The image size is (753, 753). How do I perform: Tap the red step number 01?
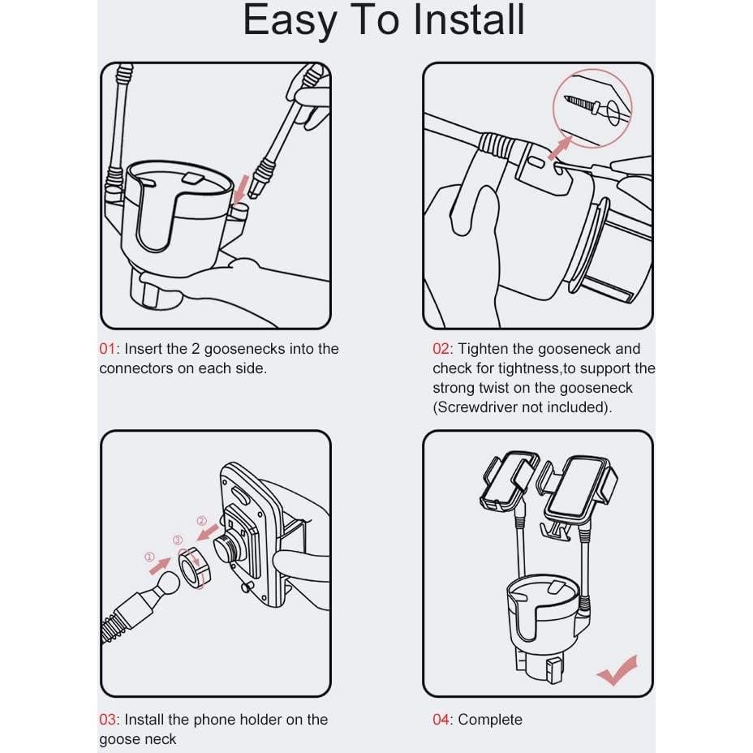click(x=107, y=349)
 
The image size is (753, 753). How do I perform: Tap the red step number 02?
click(x=441, y=349)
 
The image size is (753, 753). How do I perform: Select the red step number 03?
click(x=108, y=719)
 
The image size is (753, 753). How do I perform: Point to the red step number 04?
click(x=441, y=719)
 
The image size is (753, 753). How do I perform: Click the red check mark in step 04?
click(x=617, y=670)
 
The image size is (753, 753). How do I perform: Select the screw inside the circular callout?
click(x=589, y=105)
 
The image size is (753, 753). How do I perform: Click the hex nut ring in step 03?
click(x=194, y=565)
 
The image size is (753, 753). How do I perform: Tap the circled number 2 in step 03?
click(x=201, y=521)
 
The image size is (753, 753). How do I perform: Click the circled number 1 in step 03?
click(x=148, y=557)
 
